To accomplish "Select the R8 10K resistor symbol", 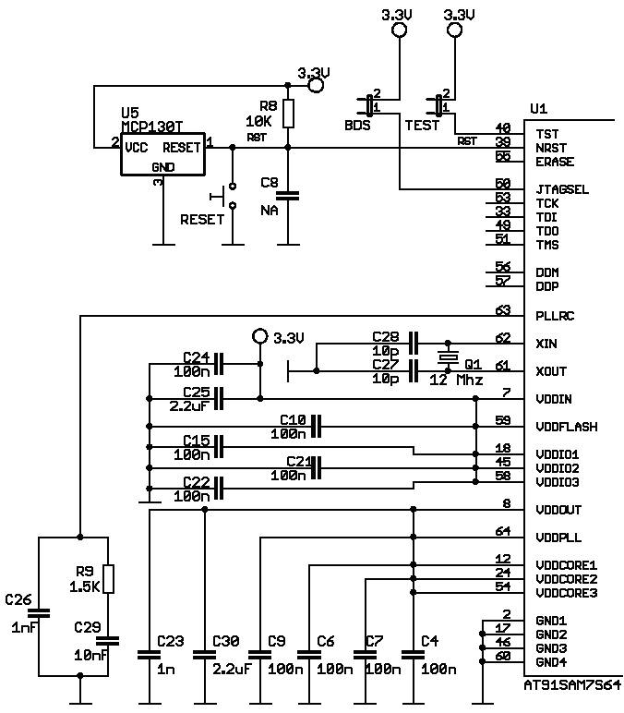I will [288, 114].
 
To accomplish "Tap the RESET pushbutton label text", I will [202, 220].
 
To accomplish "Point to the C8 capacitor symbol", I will [288, 196].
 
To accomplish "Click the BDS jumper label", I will [357, 126].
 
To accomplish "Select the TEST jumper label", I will [422, 126].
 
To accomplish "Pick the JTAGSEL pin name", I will [562, 189].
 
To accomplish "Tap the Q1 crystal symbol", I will [448, 356].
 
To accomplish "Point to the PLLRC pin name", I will [555, 316].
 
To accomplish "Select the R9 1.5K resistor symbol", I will [108, 578].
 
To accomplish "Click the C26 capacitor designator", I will [18, 600].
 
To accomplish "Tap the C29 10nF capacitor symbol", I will [108, 640].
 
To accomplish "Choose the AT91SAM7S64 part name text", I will [572, 686].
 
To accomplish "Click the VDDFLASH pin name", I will [565, 427].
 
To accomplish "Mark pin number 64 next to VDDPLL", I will [502, 531].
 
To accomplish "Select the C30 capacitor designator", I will [226, 641].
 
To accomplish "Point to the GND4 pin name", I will [551, 662].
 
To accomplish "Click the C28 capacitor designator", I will [386, 336].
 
